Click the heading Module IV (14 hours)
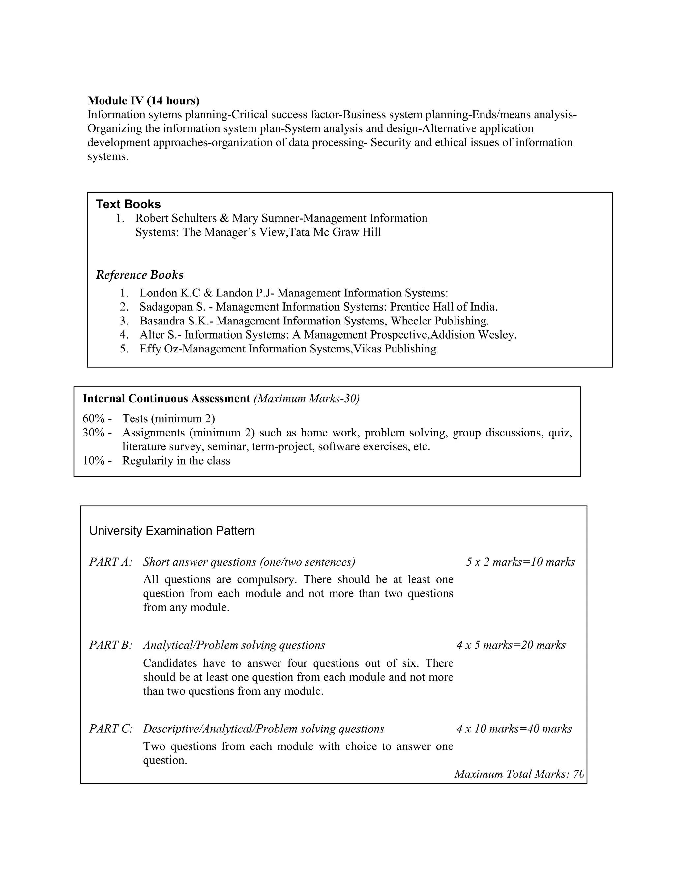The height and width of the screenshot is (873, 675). click(143, 100)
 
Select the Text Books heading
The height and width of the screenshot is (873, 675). click(128, 204)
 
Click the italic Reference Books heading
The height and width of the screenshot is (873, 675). click(139, 275)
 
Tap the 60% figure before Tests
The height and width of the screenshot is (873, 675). click(94, 419)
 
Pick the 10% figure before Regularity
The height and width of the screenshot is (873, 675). click(94, 461)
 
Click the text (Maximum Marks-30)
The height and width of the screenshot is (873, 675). click(307, 399)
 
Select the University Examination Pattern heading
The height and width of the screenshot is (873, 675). click(172, 531)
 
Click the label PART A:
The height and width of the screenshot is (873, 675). click(110, 562)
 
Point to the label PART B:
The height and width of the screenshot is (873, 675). click(110, 645)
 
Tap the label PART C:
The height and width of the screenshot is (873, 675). click(110, 729)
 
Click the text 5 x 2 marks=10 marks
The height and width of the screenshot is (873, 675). click(520, 562)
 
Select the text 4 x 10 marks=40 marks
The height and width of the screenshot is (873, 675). click(514, 729)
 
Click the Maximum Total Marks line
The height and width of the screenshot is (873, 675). click(519, 774)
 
